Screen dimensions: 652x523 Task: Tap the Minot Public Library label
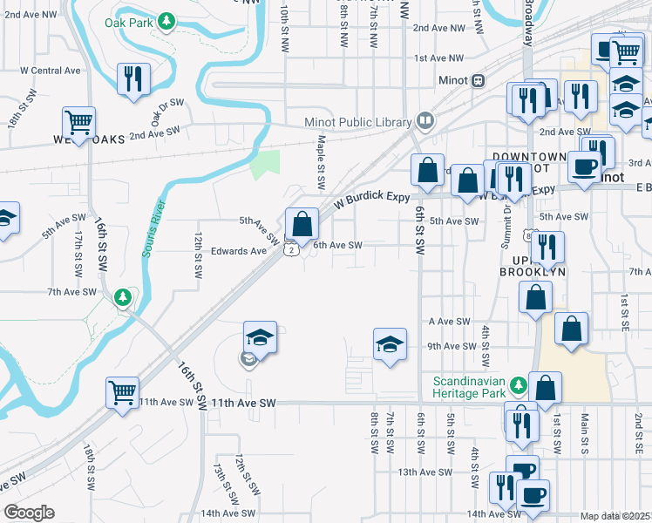point(360,122)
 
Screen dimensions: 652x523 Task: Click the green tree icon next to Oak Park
point(166,22)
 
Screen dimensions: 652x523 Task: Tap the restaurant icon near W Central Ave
point(134,80)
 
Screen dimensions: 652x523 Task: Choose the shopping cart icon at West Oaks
point(78,124)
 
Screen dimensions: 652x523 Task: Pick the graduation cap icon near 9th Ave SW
point(391,344)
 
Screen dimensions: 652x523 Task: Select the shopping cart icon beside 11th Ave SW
point(122,392)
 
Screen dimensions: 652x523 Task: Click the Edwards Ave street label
point(239,251)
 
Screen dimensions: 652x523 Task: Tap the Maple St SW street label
point(321,163)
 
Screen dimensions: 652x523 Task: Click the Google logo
point(29,513)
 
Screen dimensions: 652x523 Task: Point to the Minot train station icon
point(478,80)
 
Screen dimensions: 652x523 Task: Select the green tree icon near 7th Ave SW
point(124,298)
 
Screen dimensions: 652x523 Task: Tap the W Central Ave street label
point(50,71)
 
